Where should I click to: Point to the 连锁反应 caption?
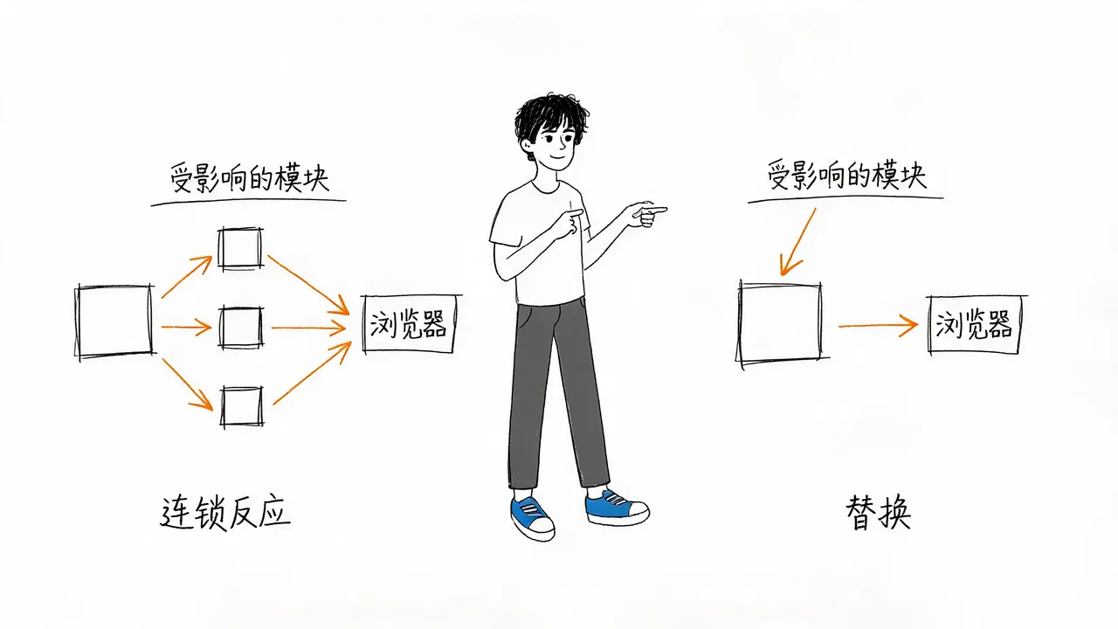(225, 512)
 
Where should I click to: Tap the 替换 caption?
(879, 512)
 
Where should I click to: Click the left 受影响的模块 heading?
(250, 177)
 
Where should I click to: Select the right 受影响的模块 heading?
(846, 175)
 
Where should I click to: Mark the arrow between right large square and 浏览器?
(878, 326)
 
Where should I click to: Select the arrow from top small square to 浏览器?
(308, 285)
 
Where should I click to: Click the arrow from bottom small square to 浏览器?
(313, 372)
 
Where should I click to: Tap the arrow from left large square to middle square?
(187, 328)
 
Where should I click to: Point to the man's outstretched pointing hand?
(648, 214)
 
